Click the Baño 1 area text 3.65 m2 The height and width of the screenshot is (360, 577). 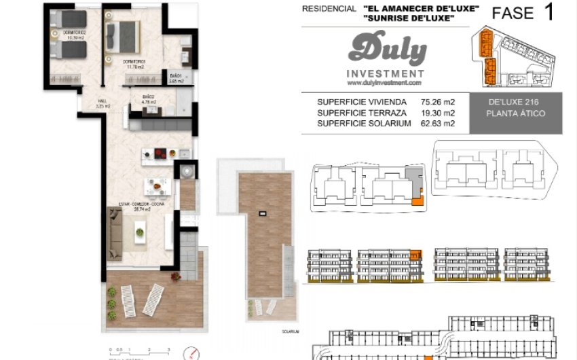click(x=176, y=81)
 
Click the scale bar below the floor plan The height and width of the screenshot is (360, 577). click(x=138, y=351)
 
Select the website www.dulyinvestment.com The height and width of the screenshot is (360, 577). click(x=385, y=83)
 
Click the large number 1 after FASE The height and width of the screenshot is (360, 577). click(x=548, y=13)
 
